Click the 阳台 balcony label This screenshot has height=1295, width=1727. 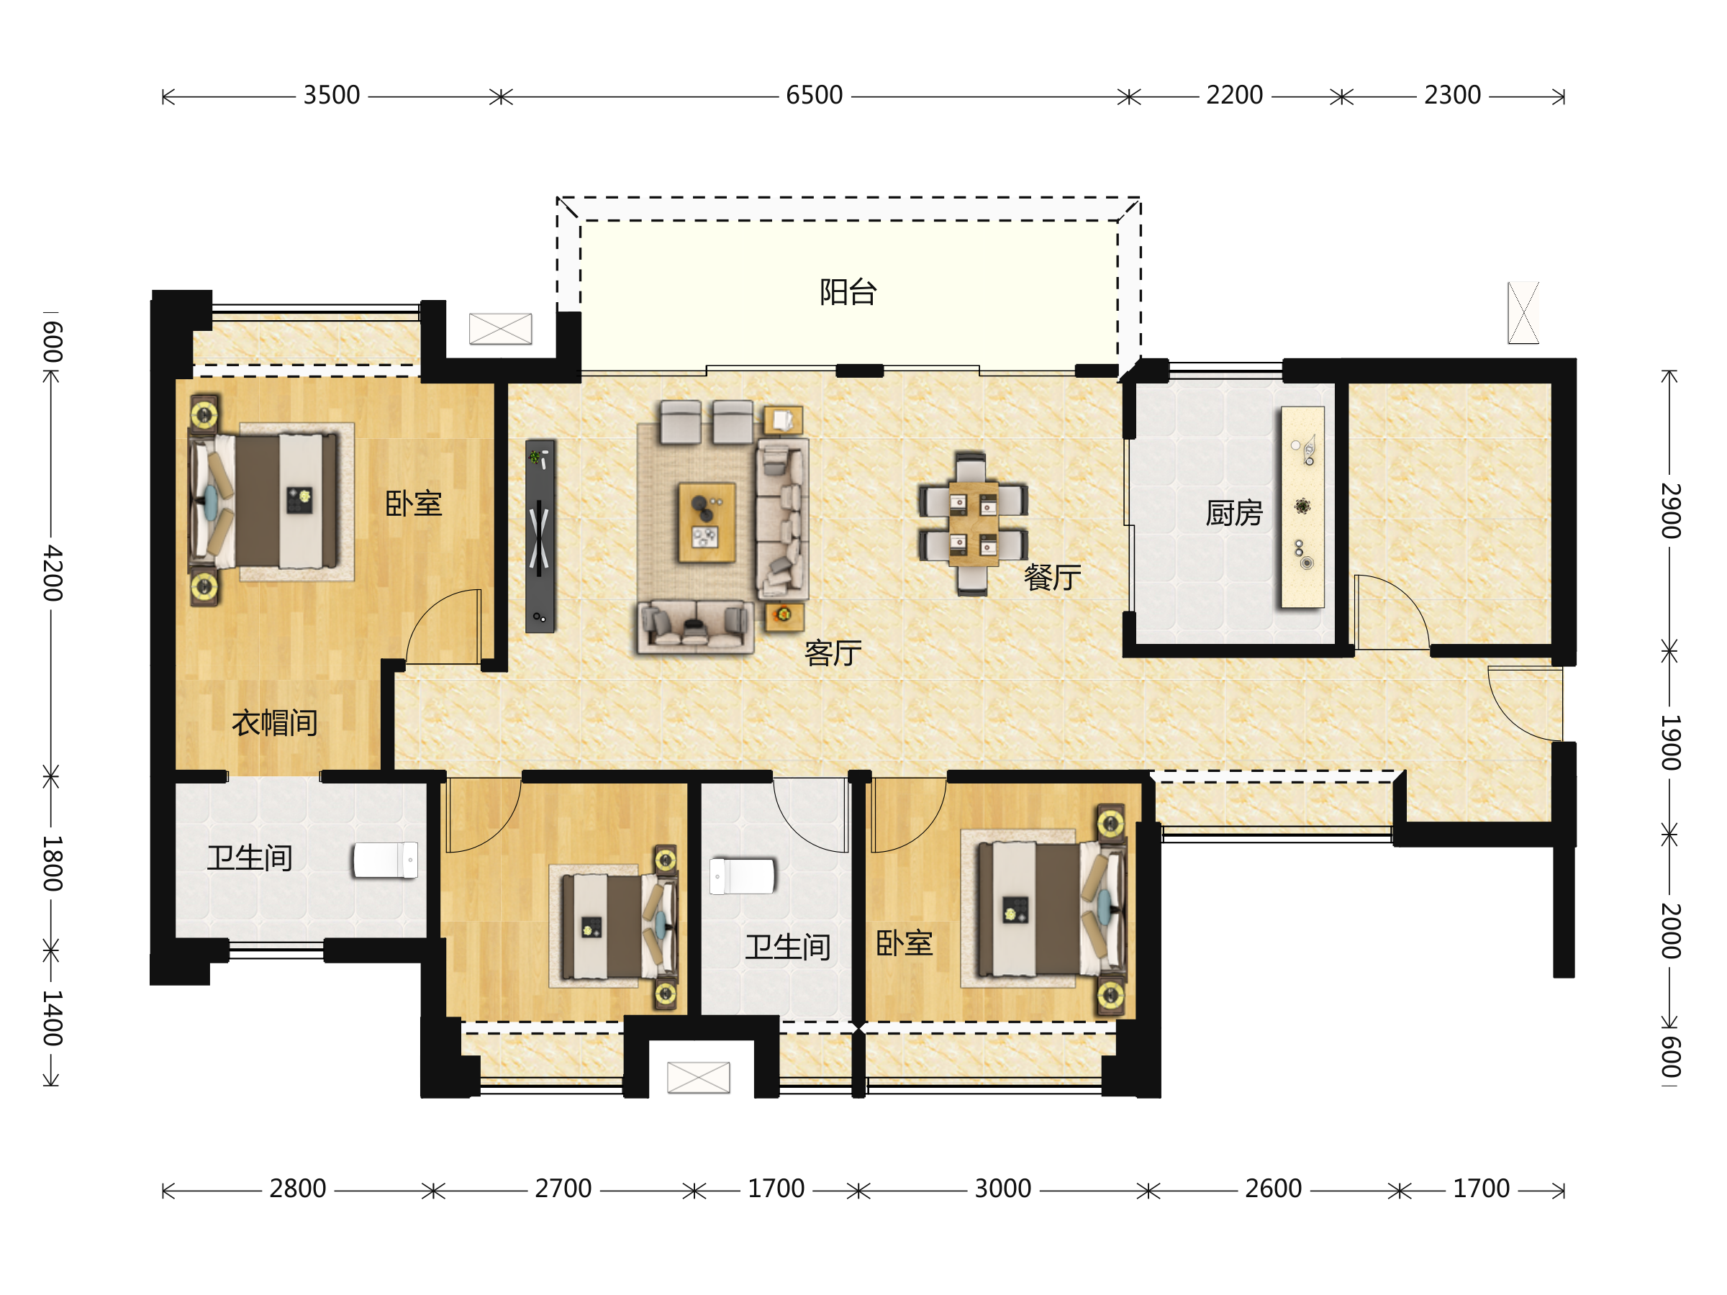click(848, 292)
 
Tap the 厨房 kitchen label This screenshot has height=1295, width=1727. click(1233, 513)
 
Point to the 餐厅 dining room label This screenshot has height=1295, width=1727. click(1053, 577)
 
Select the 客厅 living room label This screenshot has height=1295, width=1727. click(833, 653)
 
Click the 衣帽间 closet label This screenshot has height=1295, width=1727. click(275, 723)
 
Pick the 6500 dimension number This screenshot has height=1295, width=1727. click(815, 95)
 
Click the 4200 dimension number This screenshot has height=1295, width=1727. click(53, 573)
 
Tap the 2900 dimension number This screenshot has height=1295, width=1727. click(1670, 511)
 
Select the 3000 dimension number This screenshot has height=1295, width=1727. click(1003, 1189)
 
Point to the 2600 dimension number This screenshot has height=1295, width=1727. click(1274, 1189)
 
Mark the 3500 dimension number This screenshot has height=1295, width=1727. click(332, 95)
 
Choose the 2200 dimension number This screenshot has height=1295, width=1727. click(1234, 95)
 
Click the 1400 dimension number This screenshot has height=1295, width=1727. click(53, 1018)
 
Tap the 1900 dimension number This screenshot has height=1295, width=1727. click(1670, 742)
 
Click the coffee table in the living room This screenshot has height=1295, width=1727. click(707, 522)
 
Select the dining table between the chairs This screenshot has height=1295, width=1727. click(973, 524)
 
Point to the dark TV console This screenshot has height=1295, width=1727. click(540, 536)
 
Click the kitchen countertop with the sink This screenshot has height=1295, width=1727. click(1302, 506)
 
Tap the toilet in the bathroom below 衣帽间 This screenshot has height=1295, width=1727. click(386, 860)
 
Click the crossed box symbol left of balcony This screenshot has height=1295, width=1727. click(500, 329)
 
